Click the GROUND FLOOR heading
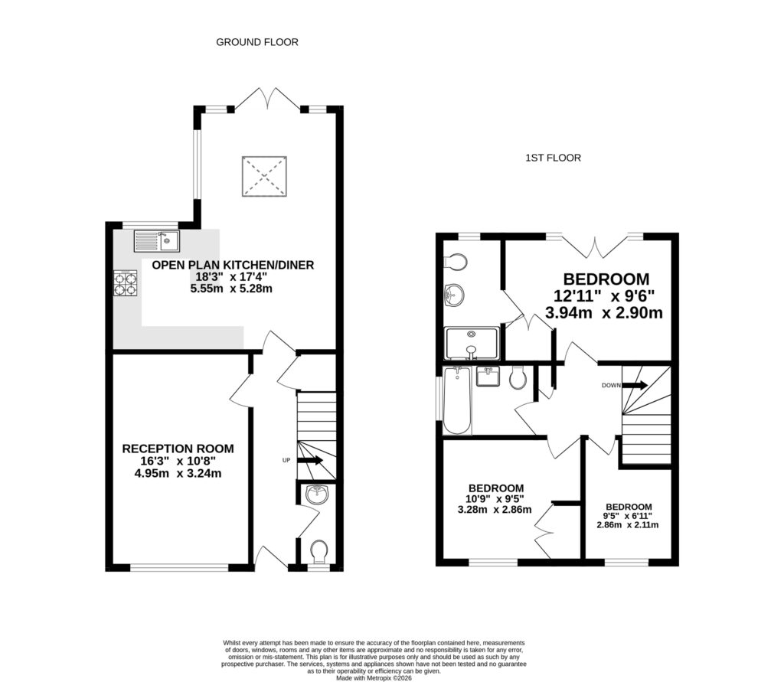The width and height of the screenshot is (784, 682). (x=257, y=42)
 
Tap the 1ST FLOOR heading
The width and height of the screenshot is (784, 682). (x=553, y=158)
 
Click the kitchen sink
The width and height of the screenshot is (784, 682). (x=156, y=242)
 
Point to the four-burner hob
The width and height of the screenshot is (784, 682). (x=126, y=284)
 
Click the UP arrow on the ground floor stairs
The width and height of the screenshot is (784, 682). (x=310, y=460)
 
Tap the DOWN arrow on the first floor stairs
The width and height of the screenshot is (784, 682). (x=635, y=385)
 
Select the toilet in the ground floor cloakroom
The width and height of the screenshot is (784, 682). (x=319, y=550)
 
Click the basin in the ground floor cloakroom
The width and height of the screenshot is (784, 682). (x=317, y=495)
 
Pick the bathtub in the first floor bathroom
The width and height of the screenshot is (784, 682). (x=457, y=400)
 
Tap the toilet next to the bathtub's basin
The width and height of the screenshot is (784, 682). (x=517, y=377)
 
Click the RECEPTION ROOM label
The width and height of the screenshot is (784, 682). (x=178, y=449)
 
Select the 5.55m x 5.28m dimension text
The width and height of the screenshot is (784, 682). (x=232, y=289)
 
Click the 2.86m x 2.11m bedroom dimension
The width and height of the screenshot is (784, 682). (x=629, y=524)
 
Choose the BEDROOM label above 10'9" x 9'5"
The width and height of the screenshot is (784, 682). (x=496, y=488)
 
